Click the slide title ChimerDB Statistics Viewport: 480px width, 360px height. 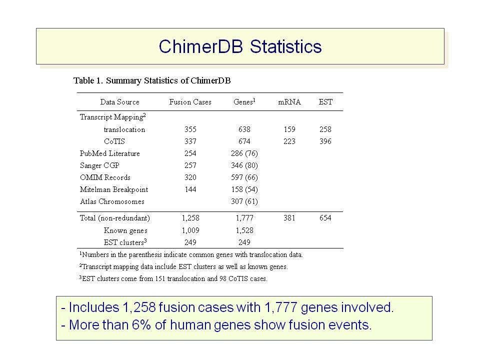(x=240, y=46)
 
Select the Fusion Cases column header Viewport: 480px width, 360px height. (x=190, y=102)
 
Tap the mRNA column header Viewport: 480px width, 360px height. (x=289, y=102)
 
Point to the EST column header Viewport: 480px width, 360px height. (x=325, y=102)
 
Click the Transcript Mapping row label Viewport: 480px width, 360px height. (x=112, y=117)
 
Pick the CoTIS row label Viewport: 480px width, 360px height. (x=114, y=141)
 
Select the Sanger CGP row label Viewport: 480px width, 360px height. (x=99, y=165)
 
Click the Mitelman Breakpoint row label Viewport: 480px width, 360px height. (x=114, y=190)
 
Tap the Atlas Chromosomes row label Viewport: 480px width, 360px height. (x=112, y=201)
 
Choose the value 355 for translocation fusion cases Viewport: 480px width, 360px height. (x=190, y=129)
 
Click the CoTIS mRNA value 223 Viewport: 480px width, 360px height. (x=289, y=141)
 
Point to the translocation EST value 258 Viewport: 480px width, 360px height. (x=325, y=129)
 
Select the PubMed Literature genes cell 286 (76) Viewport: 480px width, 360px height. (x=244, y=153)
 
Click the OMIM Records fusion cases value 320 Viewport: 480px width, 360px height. (x=190, y=177)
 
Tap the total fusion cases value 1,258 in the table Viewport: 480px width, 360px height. (x=190, y=218)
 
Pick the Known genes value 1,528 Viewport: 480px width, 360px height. (x=244, y=230)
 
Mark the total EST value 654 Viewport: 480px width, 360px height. (x=325, y=218)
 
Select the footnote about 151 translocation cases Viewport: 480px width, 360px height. (x=173, y=278)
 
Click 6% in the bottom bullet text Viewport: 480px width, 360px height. (x=141, y=325)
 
